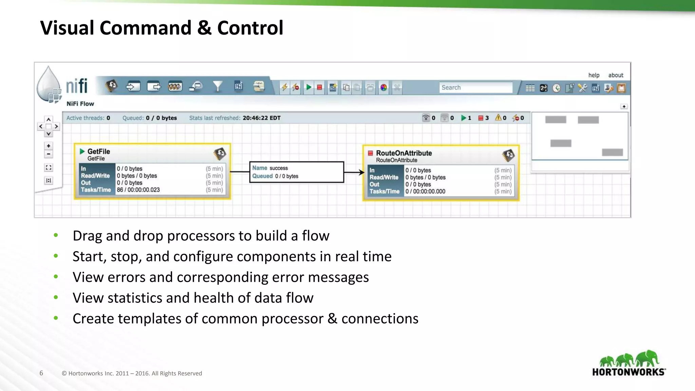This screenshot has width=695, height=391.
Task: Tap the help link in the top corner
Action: (594, 75)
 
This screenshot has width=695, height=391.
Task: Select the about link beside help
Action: (616, 75)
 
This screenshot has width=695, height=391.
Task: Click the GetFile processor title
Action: (99, 151)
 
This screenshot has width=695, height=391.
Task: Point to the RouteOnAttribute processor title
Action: (404, 153)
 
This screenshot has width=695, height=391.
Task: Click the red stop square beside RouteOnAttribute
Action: (371, 153)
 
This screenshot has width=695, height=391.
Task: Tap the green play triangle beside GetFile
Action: (82, 151)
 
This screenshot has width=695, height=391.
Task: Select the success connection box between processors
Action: (297, 172)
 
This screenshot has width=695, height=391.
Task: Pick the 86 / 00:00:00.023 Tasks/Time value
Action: (138, 190)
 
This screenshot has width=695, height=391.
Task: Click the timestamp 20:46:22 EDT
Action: (261, 118)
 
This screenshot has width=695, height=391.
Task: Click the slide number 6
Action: (41, 373)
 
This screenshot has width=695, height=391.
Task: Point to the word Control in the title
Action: (250, 28)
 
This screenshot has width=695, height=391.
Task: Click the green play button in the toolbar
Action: (308, 88)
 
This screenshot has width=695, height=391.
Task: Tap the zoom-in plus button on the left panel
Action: (49, 146)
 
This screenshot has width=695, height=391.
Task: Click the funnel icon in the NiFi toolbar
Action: (218, 87)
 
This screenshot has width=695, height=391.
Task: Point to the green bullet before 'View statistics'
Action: (56, 297)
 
